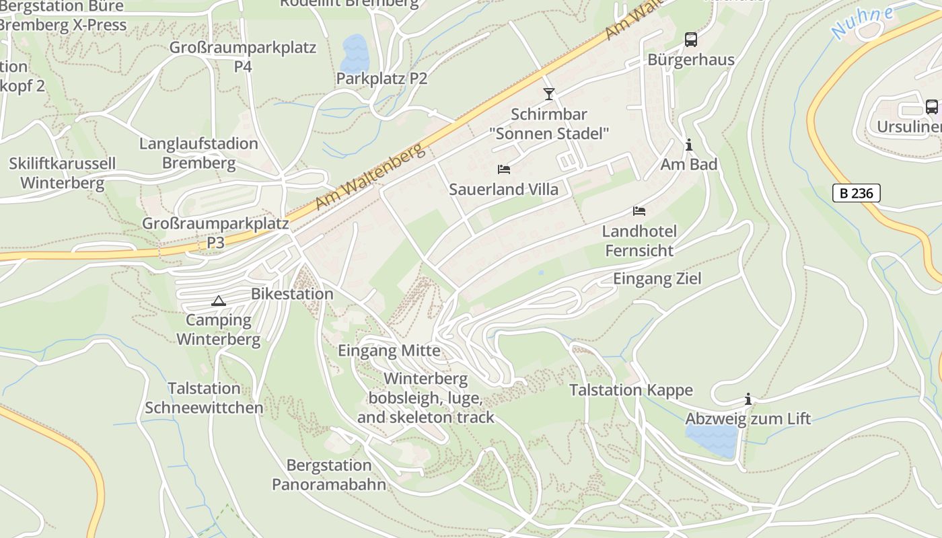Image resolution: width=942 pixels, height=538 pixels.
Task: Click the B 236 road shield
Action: click(857, 193)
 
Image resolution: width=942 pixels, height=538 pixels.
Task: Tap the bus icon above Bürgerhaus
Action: click(691, 40)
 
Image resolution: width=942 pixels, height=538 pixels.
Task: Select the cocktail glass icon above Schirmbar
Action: click(549, 94)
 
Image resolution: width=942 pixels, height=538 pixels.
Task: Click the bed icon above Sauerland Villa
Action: click(504, 169)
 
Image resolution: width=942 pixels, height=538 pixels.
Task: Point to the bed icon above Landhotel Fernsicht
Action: click(639, 211)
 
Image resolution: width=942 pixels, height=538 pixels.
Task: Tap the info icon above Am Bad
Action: click(688, 145)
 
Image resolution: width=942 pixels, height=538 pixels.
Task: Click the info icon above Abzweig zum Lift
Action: click(748, 399)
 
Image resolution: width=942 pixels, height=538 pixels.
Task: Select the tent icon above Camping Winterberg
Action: click(218, 301)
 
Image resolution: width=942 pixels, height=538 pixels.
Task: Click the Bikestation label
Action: click(292, 294)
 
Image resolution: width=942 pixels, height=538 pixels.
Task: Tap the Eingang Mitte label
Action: click(389, 350)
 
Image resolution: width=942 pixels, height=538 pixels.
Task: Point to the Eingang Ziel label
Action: click(657, 278)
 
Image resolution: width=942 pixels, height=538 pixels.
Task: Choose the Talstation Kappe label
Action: click(630, 390)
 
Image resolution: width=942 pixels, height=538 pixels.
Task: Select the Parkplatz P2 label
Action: click(382, 79)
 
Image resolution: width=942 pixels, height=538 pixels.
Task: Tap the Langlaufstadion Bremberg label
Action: click(198, 153)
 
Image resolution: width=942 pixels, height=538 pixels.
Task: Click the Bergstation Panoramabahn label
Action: click(329, 474)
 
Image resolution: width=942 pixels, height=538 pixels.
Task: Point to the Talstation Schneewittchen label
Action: click(204, 397)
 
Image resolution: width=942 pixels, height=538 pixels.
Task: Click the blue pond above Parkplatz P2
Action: click(355, 52)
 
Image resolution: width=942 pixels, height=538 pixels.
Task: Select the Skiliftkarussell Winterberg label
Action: click(62, 173)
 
